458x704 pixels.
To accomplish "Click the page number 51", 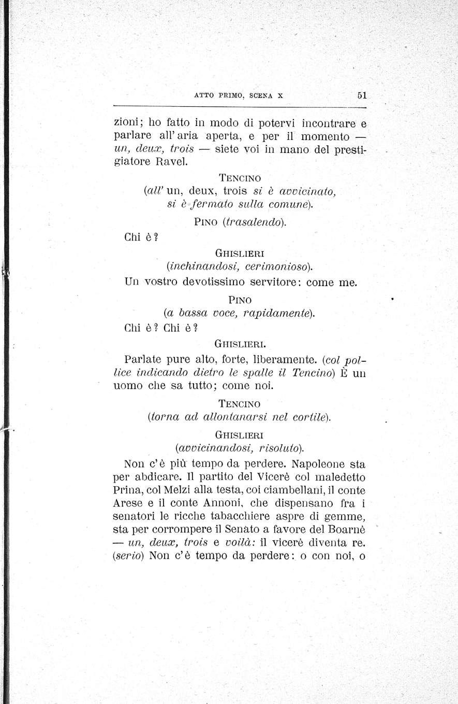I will coord(361,95).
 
